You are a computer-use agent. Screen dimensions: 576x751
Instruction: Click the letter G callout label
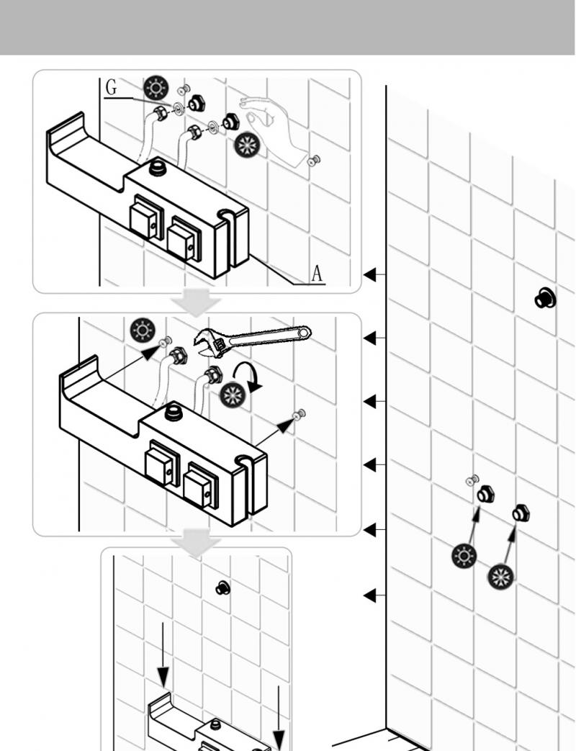click(x=111, y=87)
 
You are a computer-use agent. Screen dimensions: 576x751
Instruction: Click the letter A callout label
click(x=317, y=274)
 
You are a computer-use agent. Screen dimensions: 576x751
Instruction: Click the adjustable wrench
click(x=252, y=340)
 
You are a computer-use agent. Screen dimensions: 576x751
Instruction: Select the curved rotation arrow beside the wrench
click(x=247, y=377)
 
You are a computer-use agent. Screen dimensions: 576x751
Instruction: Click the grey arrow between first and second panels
click(x=196, y=302)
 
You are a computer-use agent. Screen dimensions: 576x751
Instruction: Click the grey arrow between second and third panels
click(x=196, y=543)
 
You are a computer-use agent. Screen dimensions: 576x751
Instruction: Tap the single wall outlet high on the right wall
click(x=545, y=297)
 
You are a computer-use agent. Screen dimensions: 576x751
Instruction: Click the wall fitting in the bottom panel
click(x=222, y=588)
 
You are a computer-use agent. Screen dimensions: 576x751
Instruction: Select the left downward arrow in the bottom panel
click(x=163, y=655)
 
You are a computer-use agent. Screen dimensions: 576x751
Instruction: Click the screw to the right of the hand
click(x=314, y=160)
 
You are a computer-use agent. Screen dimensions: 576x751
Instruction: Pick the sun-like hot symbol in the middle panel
click(x=143, y=330)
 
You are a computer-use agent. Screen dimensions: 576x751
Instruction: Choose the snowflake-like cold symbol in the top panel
click(x=247, y=145)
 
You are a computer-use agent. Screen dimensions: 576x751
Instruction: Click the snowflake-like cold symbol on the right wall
click(x=501, y=576)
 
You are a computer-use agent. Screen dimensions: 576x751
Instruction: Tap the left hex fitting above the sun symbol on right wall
click(x=485, y=494)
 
